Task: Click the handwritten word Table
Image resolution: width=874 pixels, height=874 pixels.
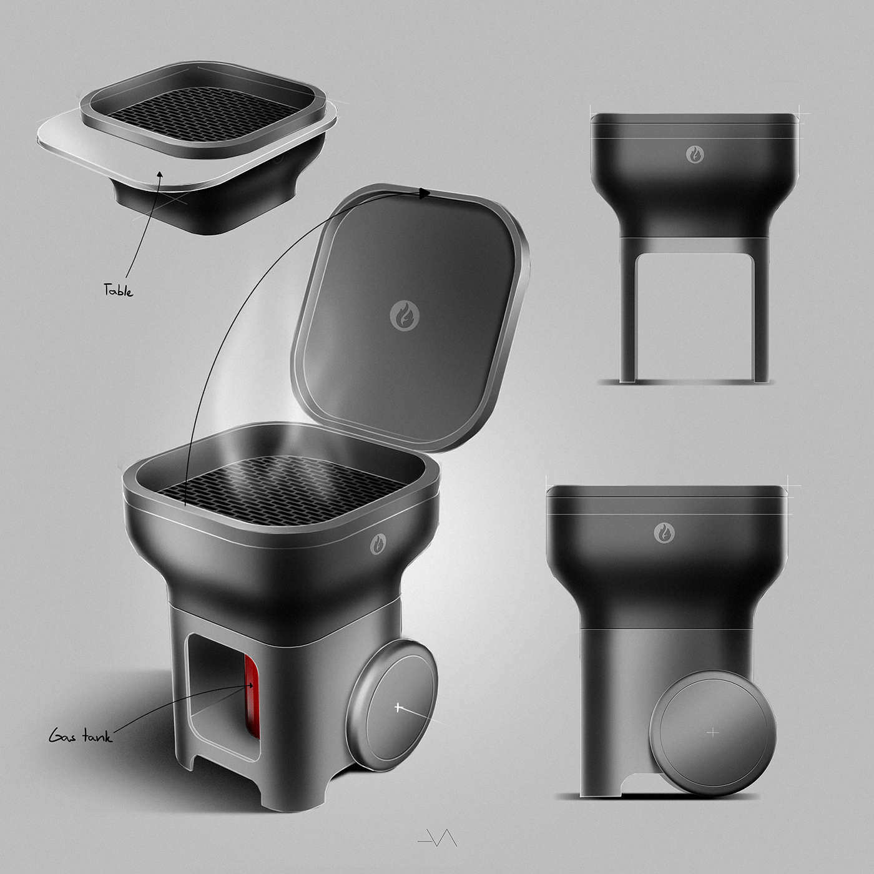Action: pyautogui.click(x=118, y=290)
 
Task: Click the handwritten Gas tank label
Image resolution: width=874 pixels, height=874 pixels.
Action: pyautogui.click(x=81, y=737)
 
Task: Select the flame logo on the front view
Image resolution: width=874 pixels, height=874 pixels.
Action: pyautogui.click(x=695, y=154)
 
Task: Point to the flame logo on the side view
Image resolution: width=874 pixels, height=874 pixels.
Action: pyautogui.click(x=664, y=533)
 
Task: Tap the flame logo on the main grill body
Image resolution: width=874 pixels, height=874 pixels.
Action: pyautogui.click(x=378, y=543)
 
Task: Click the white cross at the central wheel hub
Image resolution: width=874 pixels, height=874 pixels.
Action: pyautogui.click(x=398, y=707)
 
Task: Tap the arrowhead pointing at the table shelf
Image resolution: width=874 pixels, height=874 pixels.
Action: pyautogui.click(x=159, y=174)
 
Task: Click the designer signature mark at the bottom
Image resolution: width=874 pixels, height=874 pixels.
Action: pyautogui.click(x=437, y=838)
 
